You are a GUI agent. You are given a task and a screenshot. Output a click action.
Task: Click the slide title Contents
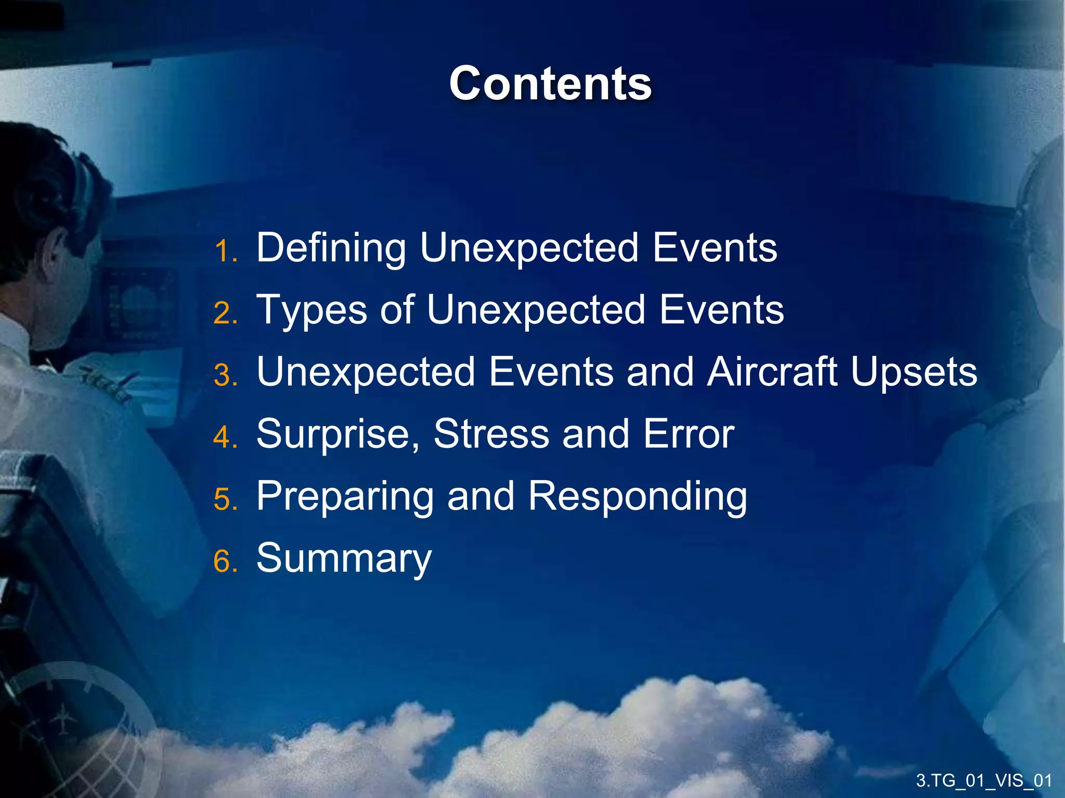pyautogui.click(x=550, y=84)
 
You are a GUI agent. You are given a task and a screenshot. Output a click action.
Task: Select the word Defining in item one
pyautogui.click(x=331, y=248)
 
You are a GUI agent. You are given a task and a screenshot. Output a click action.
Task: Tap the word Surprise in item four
pyautogui.click(x=338, y=434)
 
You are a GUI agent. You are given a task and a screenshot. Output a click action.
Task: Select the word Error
pyautogui.click(x=689, y=434)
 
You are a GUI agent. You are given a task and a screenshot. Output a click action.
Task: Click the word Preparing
pyautogui.click(x=345, y=497)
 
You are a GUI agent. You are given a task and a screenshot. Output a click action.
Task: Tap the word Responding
pyautogui.click(x=638, y=497)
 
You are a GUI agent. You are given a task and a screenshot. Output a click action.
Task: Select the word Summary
pyautogui.click(x=344, y=558)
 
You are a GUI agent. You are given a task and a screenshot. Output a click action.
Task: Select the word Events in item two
pyautogui.click(x=722, y=310)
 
